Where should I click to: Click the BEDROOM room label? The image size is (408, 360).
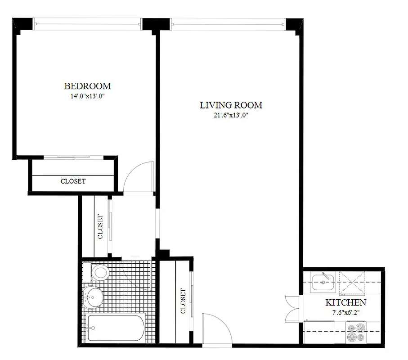pyautogui.click(x=87, y=86)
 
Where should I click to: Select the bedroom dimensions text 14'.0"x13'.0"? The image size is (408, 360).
pyautogui.click(x=87, y=96)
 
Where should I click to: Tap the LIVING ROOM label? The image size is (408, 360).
pyautogui.click(x=231, y=105)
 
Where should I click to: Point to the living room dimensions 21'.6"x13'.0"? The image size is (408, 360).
pyautogui.click(x=231, y=115)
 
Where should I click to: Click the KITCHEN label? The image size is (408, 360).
pyautogui.click(x=345, y=303)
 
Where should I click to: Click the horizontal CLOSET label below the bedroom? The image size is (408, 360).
pyautogui.click(x=73, y=181)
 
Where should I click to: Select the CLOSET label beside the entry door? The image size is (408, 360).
pyautogui.click(x=183, y=301)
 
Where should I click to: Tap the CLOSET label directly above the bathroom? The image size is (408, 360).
pyautogui.click(x=100, y=226)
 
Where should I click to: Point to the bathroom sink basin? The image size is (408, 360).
pyautogui.click(x=94, y=297)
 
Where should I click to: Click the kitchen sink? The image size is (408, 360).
pyautogui.click(x=323, y=282)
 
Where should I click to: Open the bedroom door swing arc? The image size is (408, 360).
pyautogui.click(x=137, y=176)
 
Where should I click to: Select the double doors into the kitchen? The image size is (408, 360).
pyautogui.click(x=292, y=309)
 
